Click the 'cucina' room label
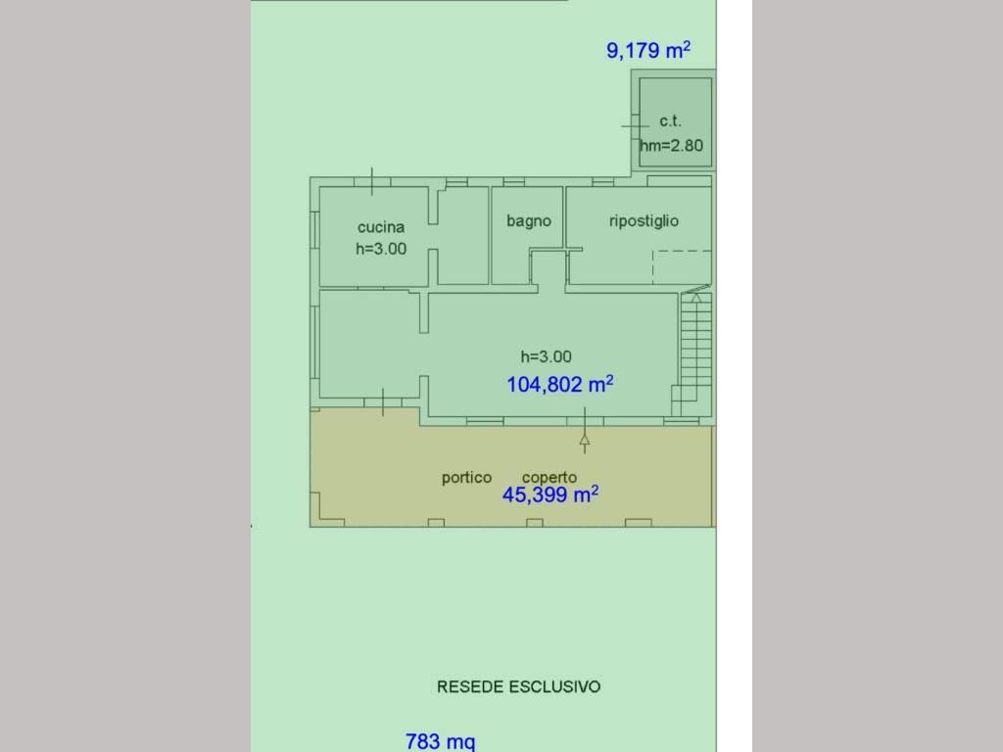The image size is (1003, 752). (x=381, y=227)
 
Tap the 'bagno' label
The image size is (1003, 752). (x=528, y=221)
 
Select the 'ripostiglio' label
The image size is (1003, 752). (x=644, y=221)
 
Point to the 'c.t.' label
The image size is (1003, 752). (x=670, y=120)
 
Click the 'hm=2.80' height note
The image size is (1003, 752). (x=672, y=145)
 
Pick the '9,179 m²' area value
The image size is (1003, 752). (x=648, y=50)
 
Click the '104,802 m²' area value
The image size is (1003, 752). (x=559, y=384)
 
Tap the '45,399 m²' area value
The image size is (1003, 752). (x=550, y=494)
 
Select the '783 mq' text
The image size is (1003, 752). (x=440, y=741)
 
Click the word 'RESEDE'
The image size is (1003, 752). (x=470, y=686)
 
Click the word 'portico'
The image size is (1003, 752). (x=466, y=478)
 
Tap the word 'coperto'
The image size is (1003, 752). (x=549, y=478)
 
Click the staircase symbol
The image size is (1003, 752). (x=695, y=353)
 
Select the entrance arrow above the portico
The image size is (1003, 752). (x=584, y=431)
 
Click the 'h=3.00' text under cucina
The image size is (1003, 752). (x=381, y=249)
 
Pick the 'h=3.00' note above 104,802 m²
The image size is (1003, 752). (x=546, y=356)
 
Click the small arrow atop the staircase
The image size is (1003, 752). (x=696, y=298)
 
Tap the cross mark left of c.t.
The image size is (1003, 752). (x=635, y=126)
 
